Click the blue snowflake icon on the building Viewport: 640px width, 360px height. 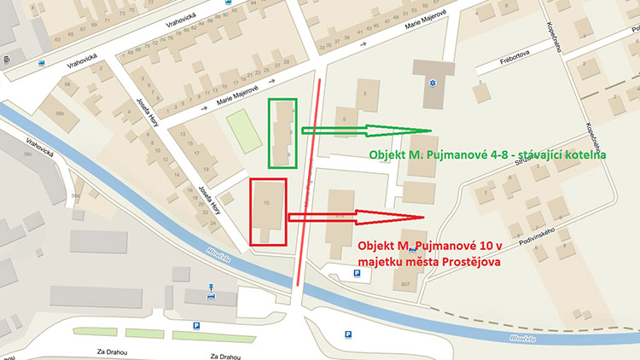(x=433, y=84)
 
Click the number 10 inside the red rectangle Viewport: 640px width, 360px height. (x=267, y=202)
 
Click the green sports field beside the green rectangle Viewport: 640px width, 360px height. (x=242, y=132)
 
